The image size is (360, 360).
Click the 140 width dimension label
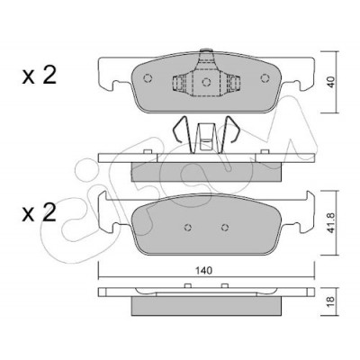pyautogui.click(x=203, y=271)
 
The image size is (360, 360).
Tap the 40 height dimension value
pyautogui.click(x=331, y=82)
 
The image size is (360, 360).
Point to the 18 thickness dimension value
pyautogui.click(x=331, y=300)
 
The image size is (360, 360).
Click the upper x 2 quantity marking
pyautogui.click(x=39, y=76)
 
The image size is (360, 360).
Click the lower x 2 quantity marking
pyautogui.click(x=39, y=212)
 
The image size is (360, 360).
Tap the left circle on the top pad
pyautogui.click(x=148, y=78)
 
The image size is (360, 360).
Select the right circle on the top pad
pyautogui.click(x=265, y=78)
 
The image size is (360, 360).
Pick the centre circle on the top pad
pyautogui.click(x=206, y=82)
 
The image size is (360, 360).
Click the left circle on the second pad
pyautogui.click(x=188, y=228)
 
